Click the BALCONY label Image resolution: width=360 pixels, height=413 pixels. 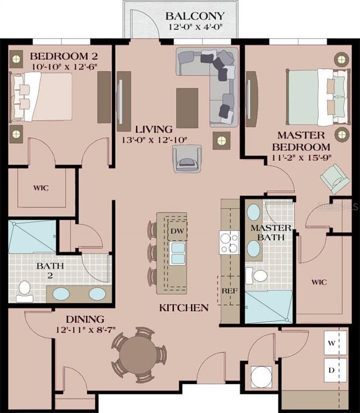[x=195, y=16]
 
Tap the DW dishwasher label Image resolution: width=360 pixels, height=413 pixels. [x=177, y=231]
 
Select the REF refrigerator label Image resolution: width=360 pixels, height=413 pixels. [x=230, y=291]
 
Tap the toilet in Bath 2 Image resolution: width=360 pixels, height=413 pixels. [x=25, y=291]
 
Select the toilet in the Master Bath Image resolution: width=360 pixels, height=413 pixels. [x=257, y=276]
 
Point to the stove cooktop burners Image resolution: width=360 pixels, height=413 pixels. [x=229, y=243]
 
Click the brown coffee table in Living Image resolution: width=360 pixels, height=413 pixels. [x=187, y=108]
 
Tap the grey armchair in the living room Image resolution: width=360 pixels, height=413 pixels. [x=187, y=159]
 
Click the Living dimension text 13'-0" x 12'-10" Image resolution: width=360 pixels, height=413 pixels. [x=154, y=140]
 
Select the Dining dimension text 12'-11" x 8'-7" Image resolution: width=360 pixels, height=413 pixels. [x=86, y=330]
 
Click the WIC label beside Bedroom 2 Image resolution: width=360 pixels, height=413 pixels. [x=41, y=188]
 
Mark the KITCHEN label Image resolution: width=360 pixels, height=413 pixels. [x=184, y=308]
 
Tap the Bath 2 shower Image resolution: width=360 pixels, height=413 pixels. [x=32, y=237]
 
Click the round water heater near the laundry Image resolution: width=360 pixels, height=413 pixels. [x=261, y=376]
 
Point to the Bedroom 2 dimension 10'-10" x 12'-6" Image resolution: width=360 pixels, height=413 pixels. [x=65, y=67]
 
